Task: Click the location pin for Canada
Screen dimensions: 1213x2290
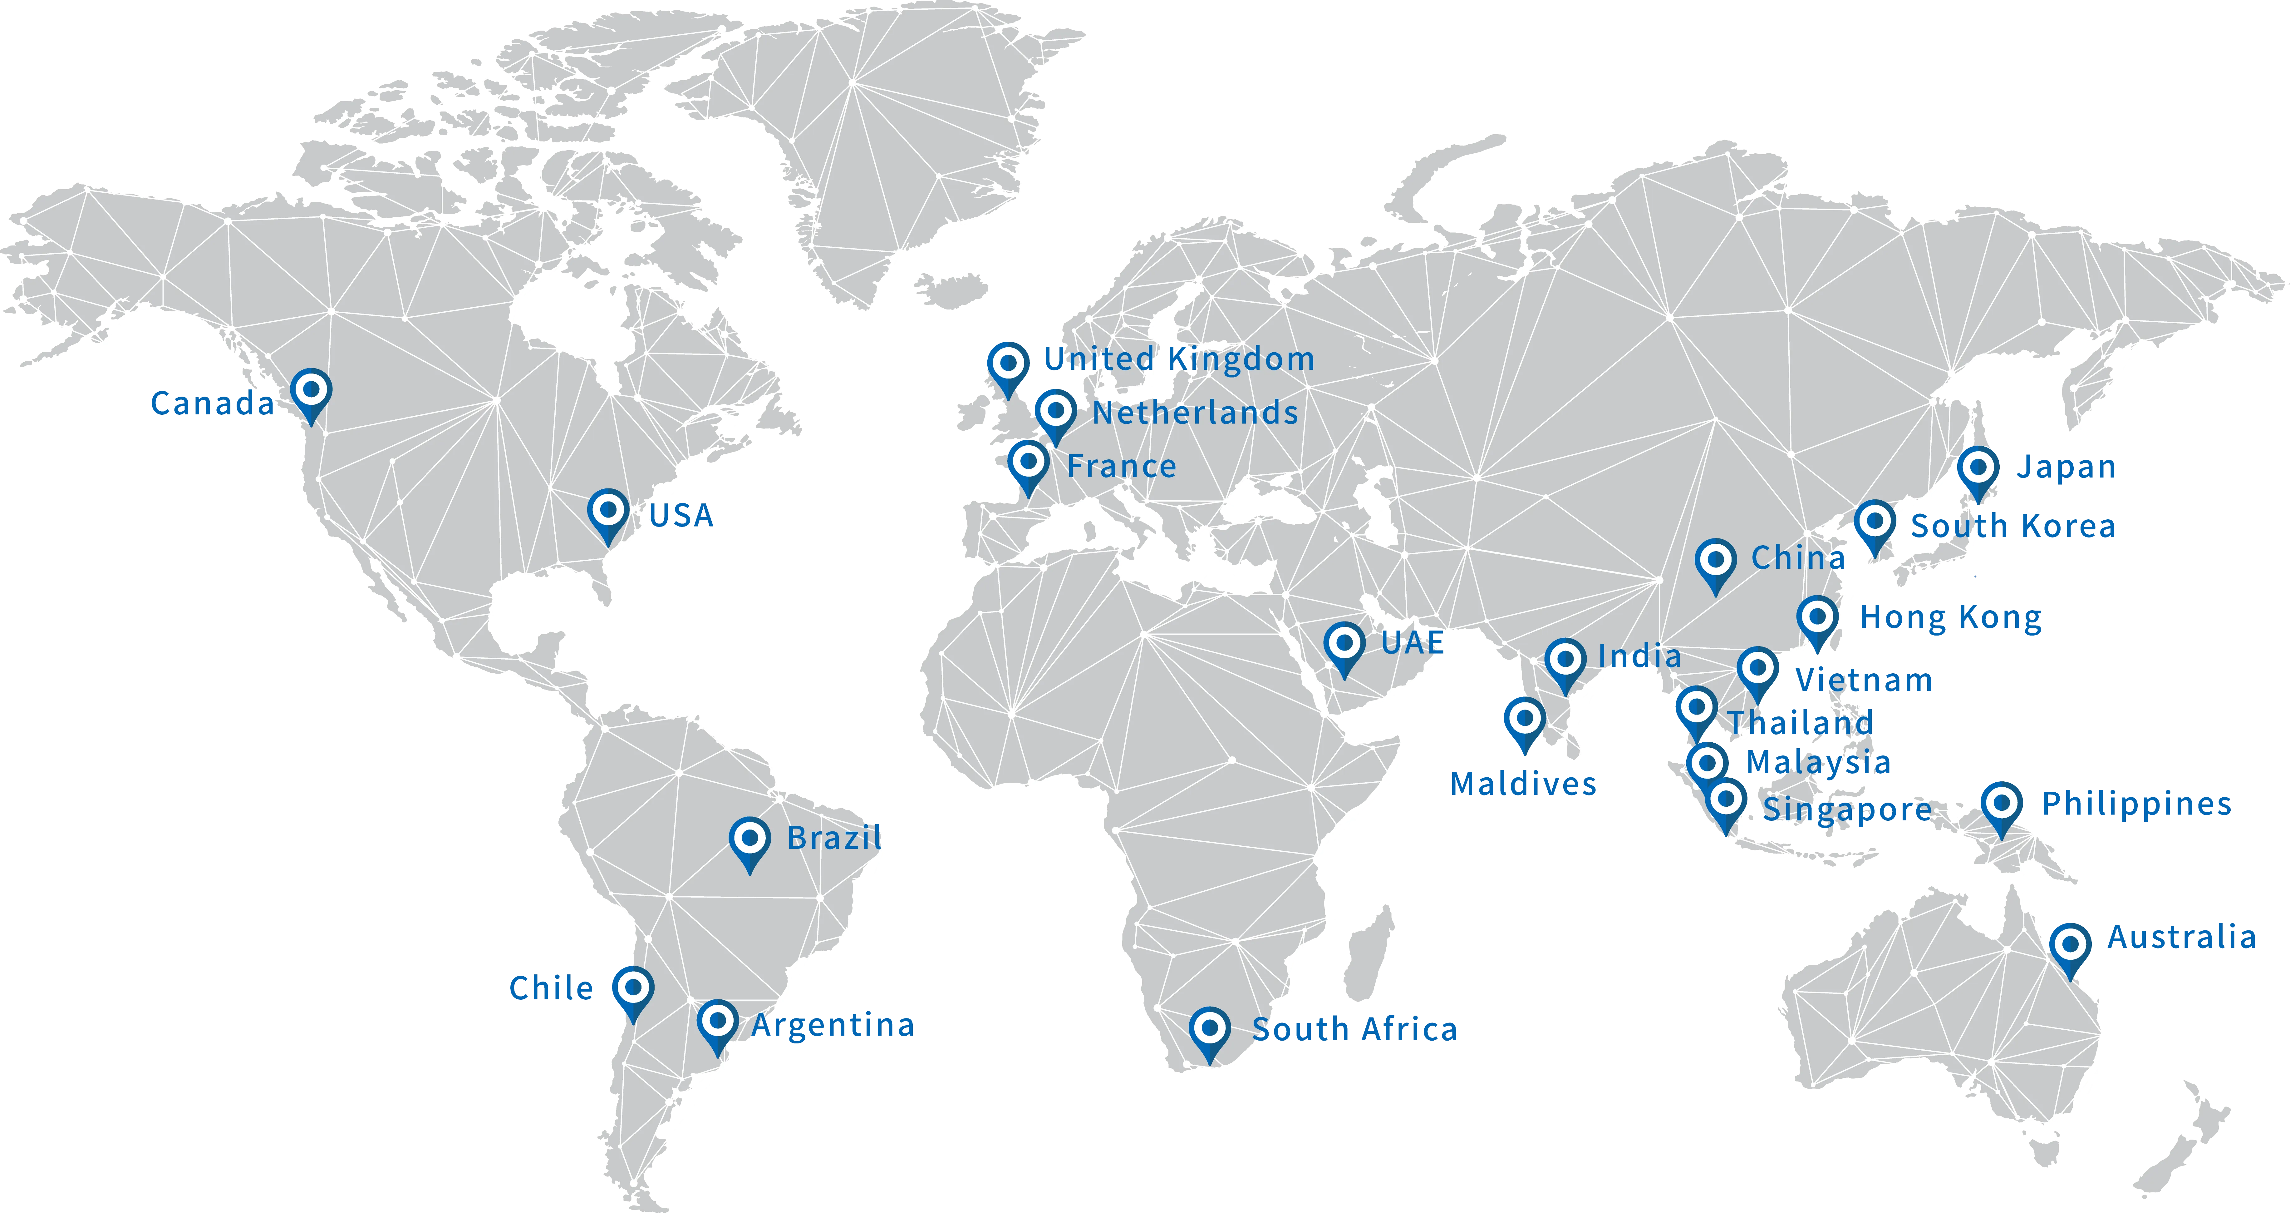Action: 311,391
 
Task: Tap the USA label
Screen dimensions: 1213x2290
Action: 681,515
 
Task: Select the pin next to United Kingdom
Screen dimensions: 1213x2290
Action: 1008,364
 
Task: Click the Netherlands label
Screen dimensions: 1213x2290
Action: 1195,413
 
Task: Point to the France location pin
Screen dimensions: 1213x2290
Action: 1029,463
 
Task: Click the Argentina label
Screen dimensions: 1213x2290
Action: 833,1025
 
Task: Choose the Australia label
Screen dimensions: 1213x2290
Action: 2181,937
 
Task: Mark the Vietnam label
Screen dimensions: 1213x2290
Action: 1864,680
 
